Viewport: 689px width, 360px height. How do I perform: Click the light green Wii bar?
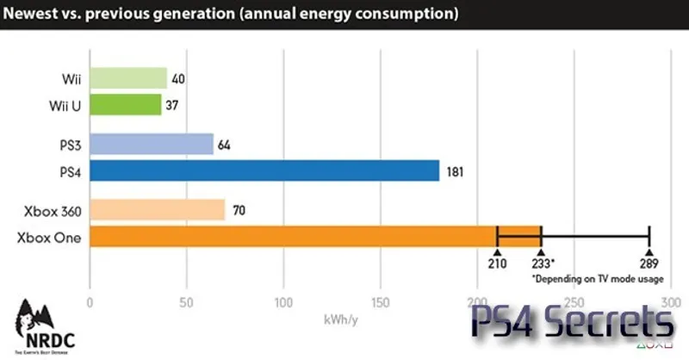pos(127,79)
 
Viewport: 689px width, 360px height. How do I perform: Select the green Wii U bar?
pos(125,105)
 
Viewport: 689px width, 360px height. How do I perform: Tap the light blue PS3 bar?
pos(151,145)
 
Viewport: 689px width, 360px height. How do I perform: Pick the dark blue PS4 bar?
pos(264,171)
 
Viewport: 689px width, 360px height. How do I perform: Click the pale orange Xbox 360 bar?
pos(157,209)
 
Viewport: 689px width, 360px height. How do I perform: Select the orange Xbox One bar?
pos(293,235)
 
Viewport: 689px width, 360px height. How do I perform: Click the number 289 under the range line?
pos(649,264)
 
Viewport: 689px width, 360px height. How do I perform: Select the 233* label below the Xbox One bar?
pos(543,264)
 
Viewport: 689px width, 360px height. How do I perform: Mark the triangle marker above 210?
pos(497,249)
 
